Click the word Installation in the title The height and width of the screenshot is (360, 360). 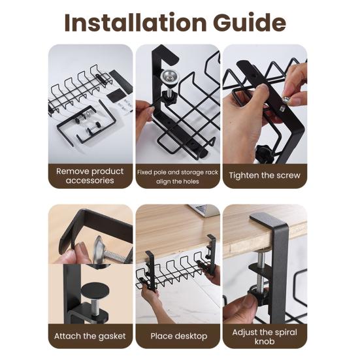pyautogui.click(x=133, y=23)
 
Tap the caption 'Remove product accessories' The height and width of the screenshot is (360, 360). pyautogui.click(x=90, y=176)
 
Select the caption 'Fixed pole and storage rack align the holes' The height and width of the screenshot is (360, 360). pyautogui.click(x=177, y=176)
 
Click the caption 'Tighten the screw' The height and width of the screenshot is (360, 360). pyautogui.click(x=265, y=176)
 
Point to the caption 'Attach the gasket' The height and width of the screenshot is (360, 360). pyautogui.click(x=90, y=336)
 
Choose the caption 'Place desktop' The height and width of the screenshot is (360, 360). pyautogui.click(x=178, y=336)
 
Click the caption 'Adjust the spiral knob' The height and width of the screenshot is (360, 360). pyautogui.click(x=265, y=336)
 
